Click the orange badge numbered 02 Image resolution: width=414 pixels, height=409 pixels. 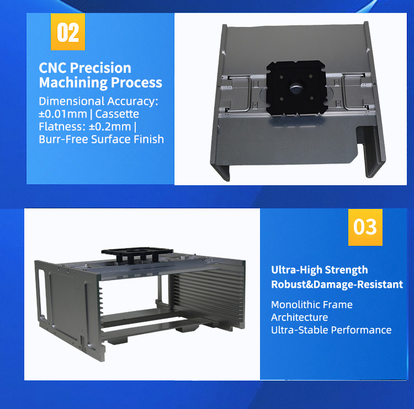point(68,32)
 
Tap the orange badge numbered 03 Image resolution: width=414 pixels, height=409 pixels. point(365,226)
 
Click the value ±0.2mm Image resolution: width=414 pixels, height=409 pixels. point(110,127)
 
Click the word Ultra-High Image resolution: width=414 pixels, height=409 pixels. point(299,270)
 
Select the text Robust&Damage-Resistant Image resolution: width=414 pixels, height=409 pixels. point(337,284)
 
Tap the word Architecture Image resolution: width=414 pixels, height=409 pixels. point(299,317)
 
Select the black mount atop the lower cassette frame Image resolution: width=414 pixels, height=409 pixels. point(136,253)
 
